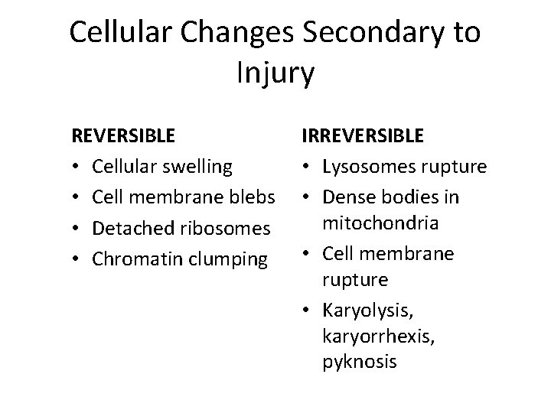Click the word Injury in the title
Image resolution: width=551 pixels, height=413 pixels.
(x=275, y=74)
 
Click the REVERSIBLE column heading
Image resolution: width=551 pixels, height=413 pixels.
(x=122, y=136)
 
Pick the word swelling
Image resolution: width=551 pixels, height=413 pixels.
(x=201, y=167)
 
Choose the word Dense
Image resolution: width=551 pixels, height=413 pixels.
(x=345, y=197)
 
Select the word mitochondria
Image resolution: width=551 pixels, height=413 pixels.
(x=380, y=224)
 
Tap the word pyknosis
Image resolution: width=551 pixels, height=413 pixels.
(x=359, y=361)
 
